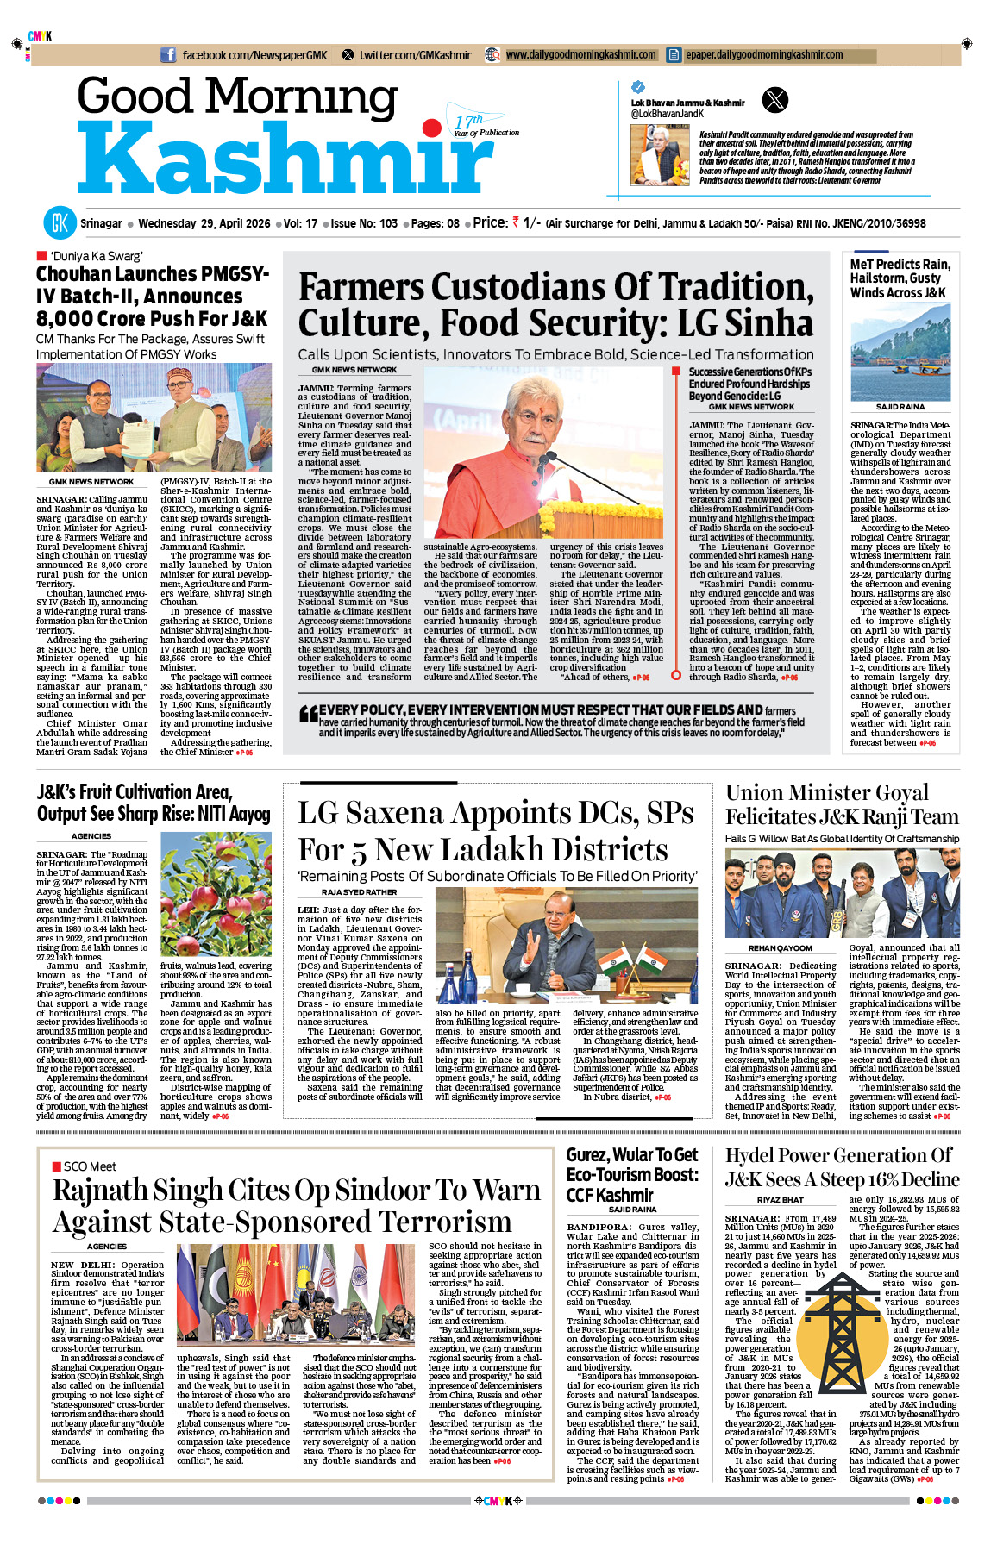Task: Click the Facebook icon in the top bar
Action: coord(168,55)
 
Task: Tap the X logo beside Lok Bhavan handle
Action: coord(775,100)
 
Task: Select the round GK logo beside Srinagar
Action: coord(60,223)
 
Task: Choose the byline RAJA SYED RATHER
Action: coord(359,892)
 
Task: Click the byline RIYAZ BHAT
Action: coord(780,1200)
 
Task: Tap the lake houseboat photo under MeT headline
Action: coord(900,352)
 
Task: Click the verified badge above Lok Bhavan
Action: coord(638,87)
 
